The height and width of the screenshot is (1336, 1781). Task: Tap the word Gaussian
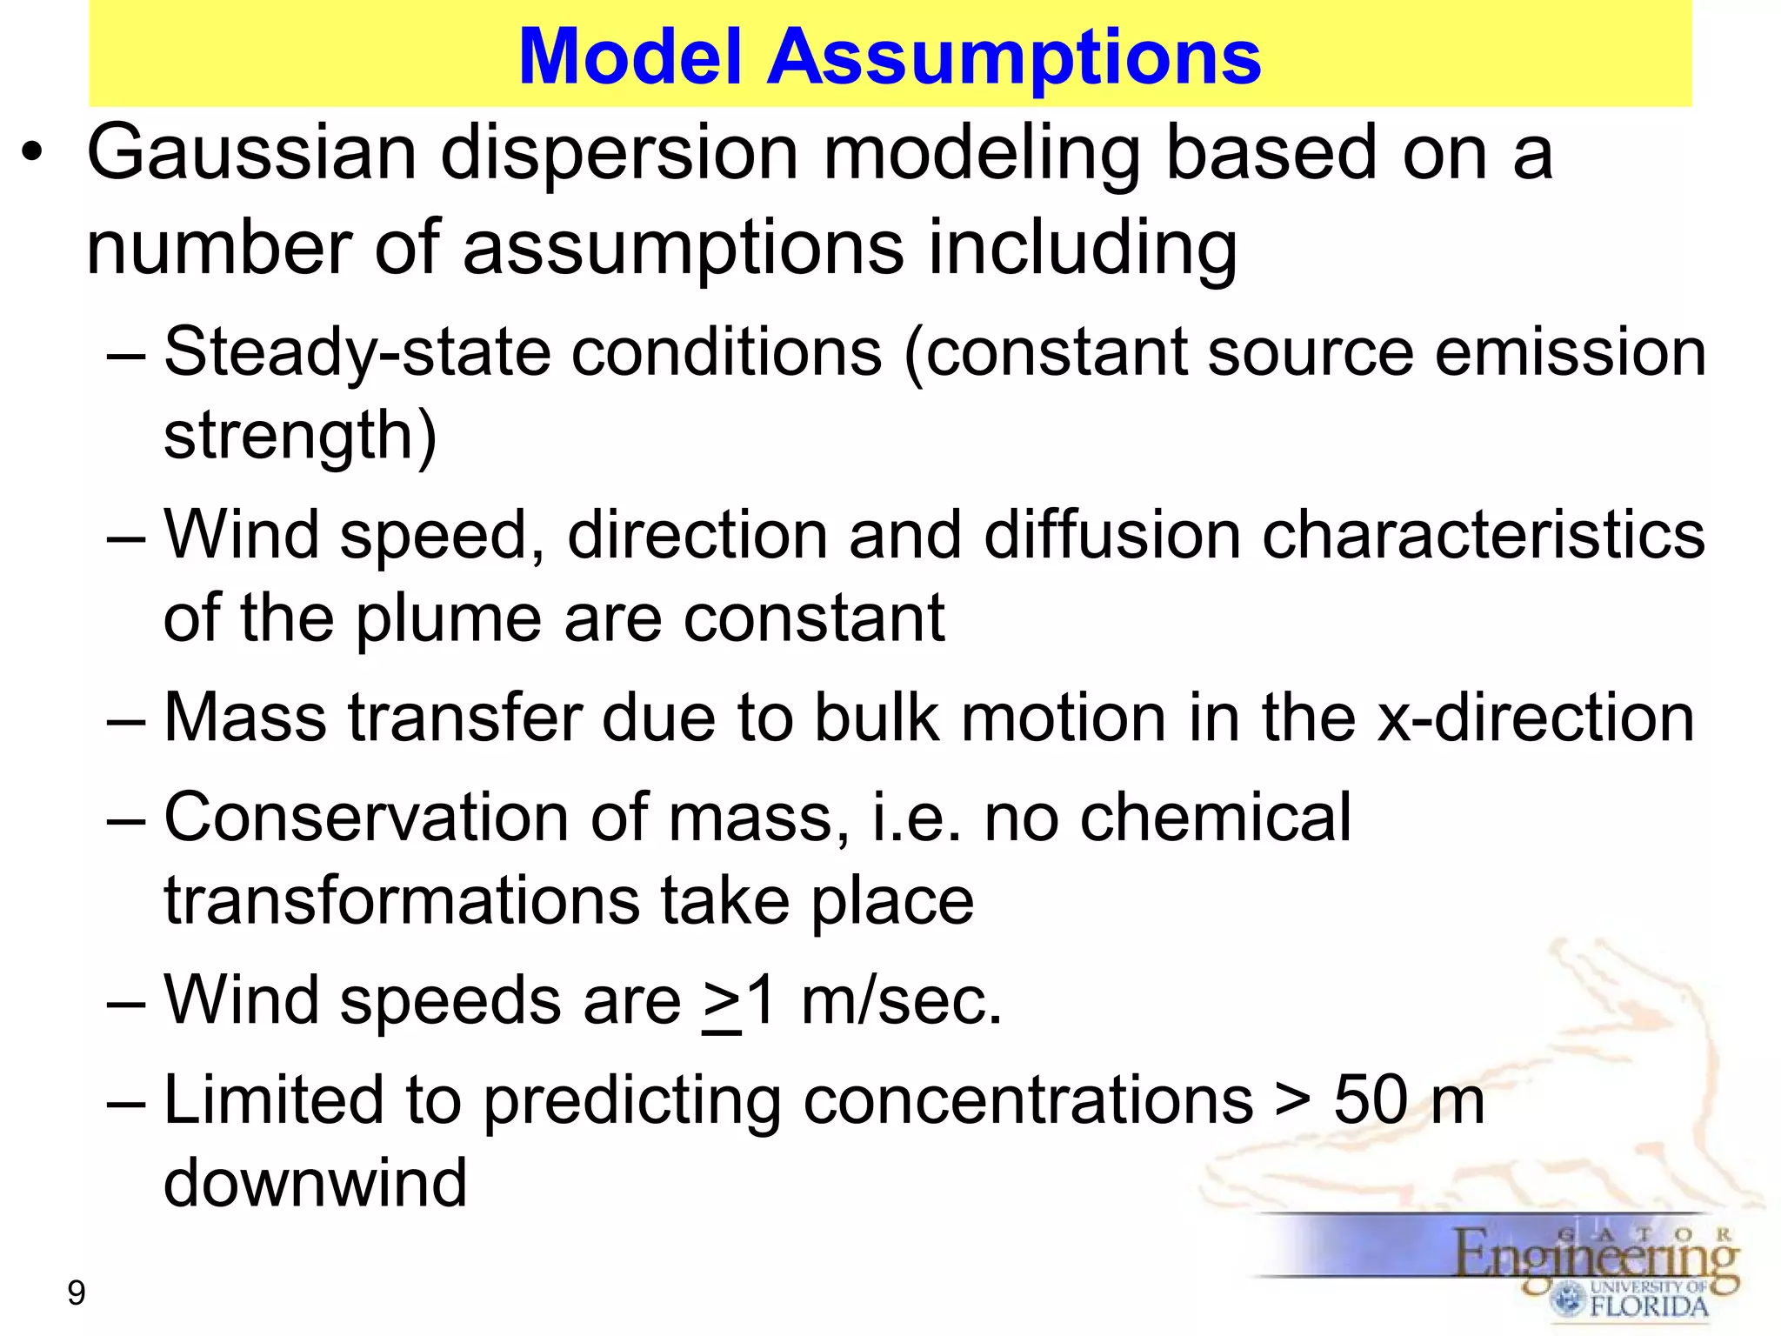pos(252,153)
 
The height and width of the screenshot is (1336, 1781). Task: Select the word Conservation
pos(366,818)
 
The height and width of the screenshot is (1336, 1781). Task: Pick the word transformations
pos(401,901)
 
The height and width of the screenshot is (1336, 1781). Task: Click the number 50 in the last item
pos(1371,1100)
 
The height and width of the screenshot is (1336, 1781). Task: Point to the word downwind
pos(315,1183)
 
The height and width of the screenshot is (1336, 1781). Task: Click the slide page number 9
pos(77,1293)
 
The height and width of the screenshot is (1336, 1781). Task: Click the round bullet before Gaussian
pos(32,155)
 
